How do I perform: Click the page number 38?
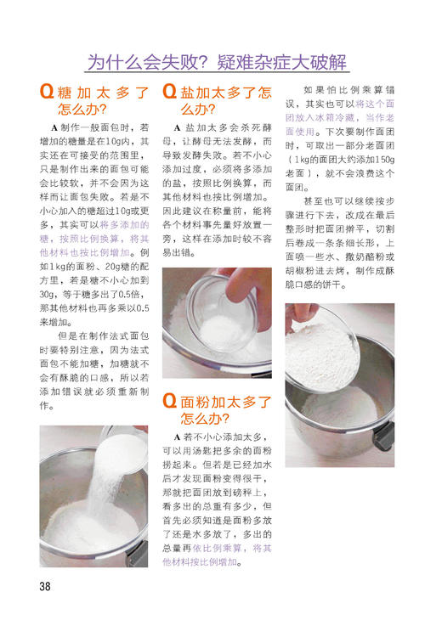pos(45,586)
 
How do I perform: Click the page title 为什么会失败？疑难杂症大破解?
pos(218,61)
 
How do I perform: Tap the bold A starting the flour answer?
pos(177,437)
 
